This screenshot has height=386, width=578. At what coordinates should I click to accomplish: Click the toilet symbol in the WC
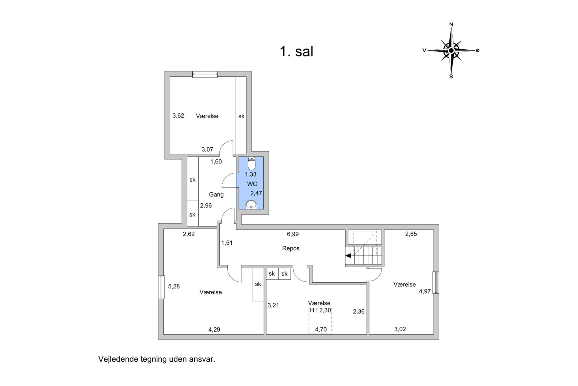point(252,163)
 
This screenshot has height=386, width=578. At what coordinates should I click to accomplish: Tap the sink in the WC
point(251,204)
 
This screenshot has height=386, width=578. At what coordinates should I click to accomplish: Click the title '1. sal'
point(296,51)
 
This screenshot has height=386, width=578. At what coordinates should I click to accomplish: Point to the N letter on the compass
point(451,25)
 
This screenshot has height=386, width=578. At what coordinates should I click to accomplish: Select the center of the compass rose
point(451,50)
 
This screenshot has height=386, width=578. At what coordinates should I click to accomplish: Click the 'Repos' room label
point(291,248)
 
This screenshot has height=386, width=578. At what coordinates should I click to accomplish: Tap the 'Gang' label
point(216,194)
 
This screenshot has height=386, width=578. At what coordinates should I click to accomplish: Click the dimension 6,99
point(293,234)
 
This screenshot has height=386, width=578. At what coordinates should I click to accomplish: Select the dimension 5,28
point(174,286)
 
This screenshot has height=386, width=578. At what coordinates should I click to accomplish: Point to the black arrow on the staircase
point(348,256)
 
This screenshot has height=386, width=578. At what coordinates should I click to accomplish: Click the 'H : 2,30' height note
point(320,310)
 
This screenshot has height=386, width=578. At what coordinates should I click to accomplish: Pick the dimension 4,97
point(425,291)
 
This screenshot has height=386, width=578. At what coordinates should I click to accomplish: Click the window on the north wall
point(205,74)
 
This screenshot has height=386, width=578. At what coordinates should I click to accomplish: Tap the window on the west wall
point(162,287)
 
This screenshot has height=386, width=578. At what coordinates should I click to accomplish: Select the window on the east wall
point(436,282)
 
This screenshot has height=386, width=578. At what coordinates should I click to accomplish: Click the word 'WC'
point(252,184)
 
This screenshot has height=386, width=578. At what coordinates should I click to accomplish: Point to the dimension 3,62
point(178,115)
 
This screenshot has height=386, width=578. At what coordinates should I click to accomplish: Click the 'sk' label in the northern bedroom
point(241,117)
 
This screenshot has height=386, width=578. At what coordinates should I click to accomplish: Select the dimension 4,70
point(321,330)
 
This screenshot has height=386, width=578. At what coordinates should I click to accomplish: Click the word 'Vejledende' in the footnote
point(118,359)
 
